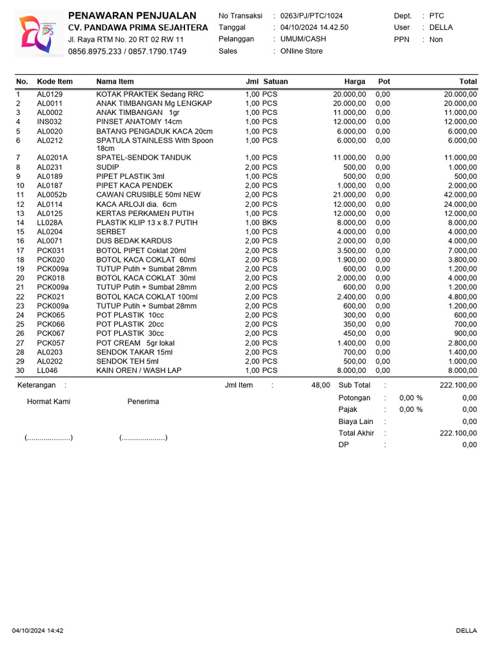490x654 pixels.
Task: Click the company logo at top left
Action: [38, 34]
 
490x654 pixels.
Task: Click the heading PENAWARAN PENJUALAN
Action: [132, 15]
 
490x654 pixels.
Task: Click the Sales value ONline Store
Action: [301, 51]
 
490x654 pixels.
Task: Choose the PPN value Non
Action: [436, 40]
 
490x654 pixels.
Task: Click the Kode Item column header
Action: [55, 81]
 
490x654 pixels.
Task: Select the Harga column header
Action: [355, 81]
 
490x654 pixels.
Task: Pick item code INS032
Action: [49, 121]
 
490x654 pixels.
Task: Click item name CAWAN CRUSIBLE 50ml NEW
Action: [148, 195]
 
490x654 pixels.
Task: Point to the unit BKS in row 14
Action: [270, 222]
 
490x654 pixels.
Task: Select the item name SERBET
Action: [111, 232]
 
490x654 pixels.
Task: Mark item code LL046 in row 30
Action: [47, 370]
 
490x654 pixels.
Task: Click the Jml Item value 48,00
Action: [321, 385]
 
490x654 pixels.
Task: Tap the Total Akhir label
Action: [356, 433]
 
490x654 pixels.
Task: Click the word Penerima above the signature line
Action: [143, 402]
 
